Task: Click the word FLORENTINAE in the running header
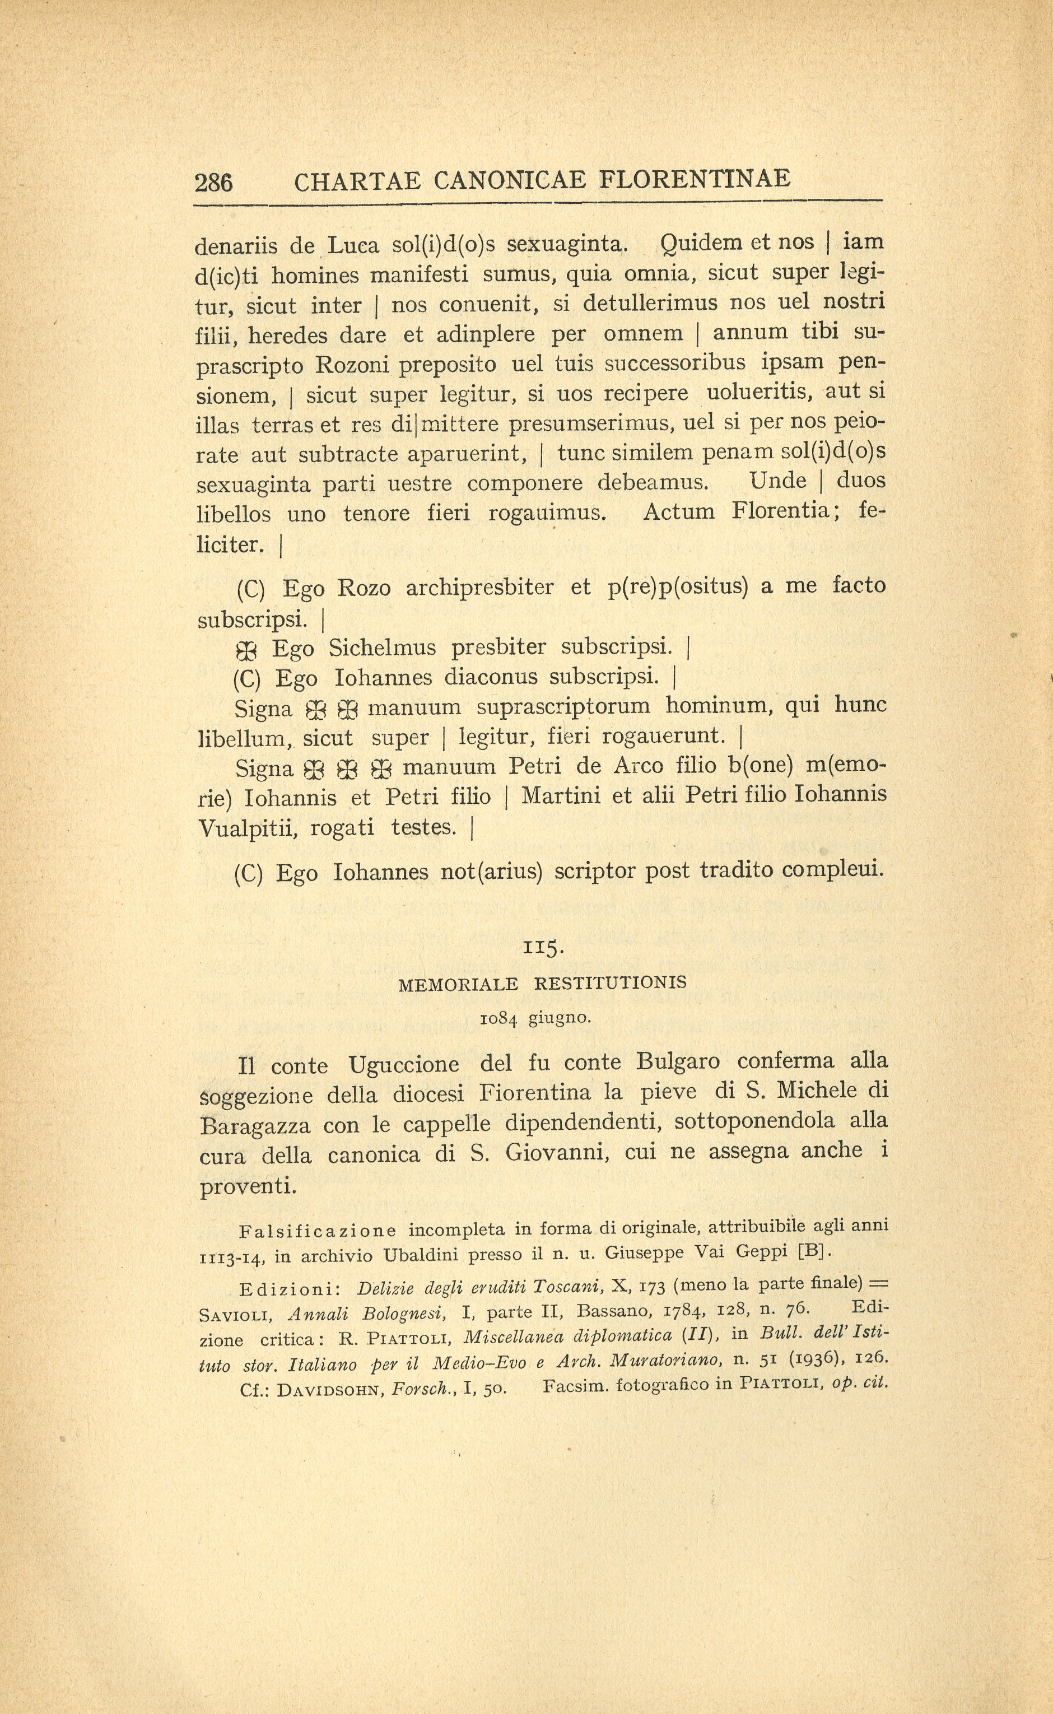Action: pos(695,179)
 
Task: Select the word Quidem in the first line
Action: pos(698,243)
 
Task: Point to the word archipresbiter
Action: pos(480,588)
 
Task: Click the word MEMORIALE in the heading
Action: pos(458,984)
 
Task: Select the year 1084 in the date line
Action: pos(498,1019)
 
